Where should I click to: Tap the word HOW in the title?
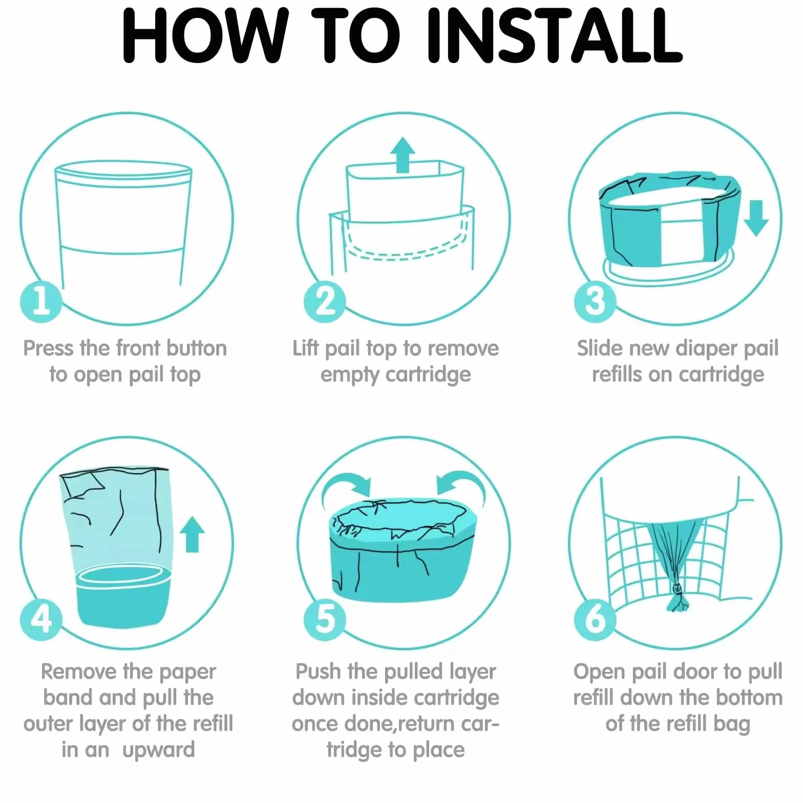204,36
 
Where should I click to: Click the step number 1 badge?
41,301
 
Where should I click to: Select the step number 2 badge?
325,301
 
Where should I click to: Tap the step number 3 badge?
595,301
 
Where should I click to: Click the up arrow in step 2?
403,155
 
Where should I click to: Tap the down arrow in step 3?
756,218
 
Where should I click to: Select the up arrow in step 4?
192,534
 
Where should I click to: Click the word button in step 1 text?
197,348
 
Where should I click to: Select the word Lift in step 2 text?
306,348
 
